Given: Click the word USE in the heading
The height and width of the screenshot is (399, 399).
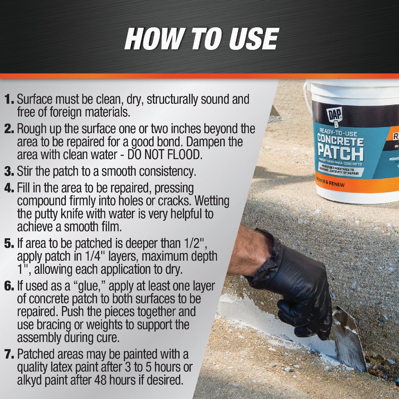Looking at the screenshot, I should point(248,39).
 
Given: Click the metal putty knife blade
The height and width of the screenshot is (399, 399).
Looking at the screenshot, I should point(349,342).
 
